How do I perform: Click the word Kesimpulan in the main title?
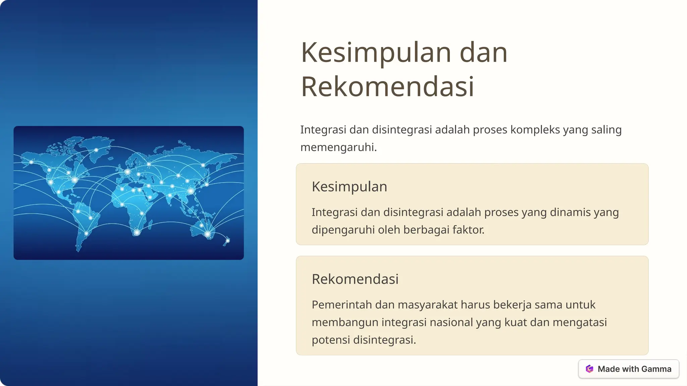376,53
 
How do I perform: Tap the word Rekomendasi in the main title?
387,87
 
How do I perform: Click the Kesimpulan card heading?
349,187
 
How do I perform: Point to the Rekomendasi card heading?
355,279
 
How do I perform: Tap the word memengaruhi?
338,147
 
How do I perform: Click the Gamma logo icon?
589,369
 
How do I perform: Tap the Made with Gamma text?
634,369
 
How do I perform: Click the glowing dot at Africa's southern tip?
137,232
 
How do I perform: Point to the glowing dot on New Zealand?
228,241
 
